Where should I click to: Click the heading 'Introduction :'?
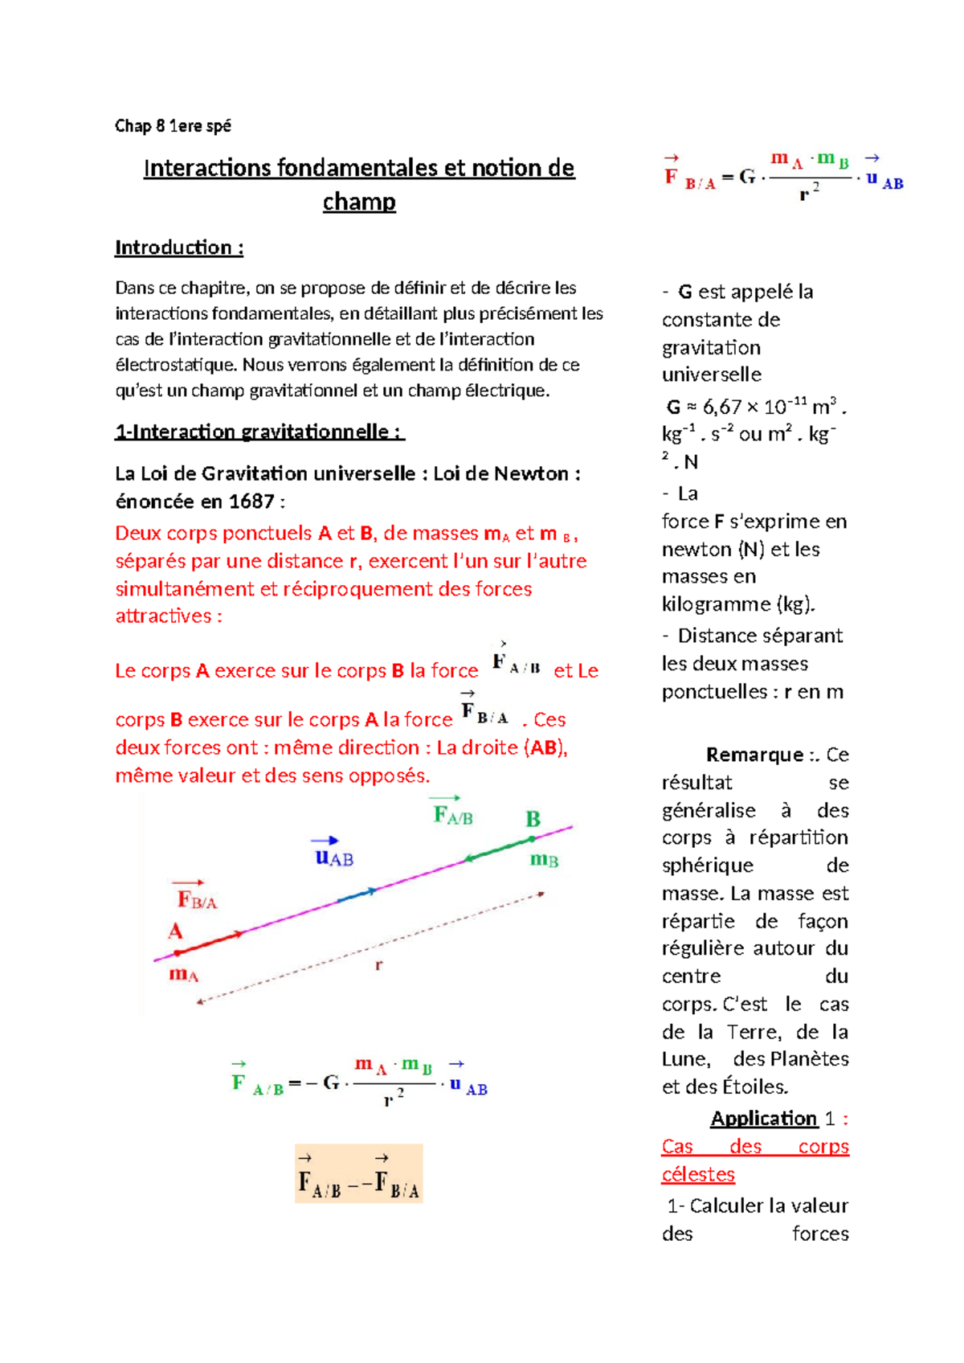coord(178,248)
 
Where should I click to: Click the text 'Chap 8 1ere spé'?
coord(173,125)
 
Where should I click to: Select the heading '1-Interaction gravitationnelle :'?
coord(259,432)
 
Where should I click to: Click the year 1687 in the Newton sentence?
coord(251,501)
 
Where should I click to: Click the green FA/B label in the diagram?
coord(453,815)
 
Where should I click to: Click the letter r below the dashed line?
coord(378,964)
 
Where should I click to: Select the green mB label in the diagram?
coord(544,860)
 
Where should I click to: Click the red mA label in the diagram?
coord(183,975)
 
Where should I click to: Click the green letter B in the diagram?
coord(533,819)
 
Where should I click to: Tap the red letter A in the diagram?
coord(175,931)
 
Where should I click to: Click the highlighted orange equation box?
coord(358,1173)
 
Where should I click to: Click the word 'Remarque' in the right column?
coord(754,755)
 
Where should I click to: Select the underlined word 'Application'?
coord(763,1119)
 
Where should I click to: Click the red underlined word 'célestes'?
coord(698,1174)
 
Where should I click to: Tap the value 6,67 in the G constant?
coord(721,407)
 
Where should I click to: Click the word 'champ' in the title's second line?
coord(359,202)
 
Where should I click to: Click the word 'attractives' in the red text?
coord(163,616)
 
